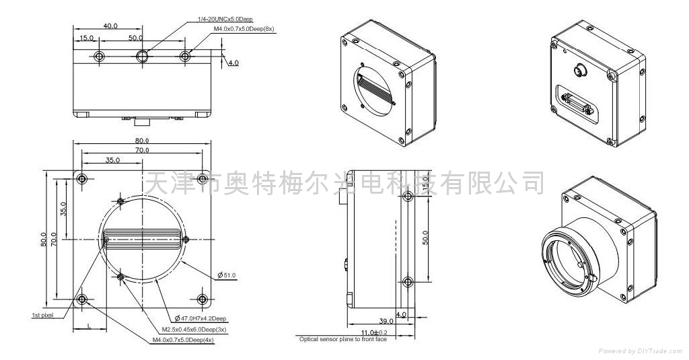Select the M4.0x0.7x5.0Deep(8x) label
244,30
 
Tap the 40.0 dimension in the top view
110,26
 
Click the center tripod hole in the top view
143,56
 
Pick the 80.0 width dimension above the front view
141,141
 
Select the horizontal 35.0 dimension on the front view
112,160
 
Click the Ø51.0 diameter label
226,275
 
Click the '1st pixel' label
42,314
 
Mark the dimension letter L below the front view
89,326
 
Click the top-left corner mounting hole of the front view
82,179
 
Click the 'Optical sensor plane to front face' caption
342,339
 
